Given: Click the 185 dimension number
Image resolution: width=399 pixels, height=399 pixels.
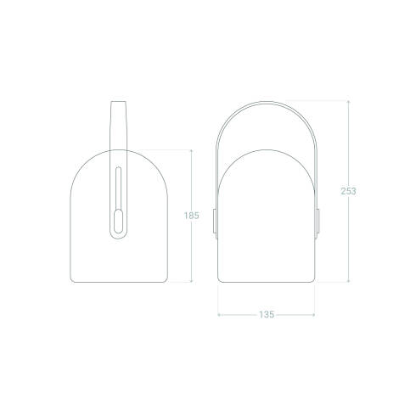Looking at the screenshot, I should pos(191,216).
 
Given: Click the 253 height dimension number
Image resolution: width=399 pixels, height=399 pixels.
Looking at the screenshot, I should pos(348,191).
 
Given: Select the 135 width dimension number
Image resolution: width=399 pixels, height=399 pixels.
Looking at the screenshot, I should pos(267,315).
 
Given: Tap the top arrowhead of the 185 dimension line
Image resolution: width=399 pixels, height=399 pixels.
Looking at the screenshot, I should pos(191,151).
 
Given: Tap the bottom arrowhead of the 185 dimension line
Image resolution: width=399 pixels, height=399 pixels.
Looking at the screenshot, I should pos(191,282).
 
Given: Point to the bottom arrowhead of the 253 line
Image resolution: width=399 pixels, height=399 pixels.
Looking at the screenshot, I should pos(348,282).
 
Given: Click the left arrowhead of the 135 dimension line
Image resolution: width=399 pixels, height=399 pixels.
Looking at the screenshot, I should pos(219,315).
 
